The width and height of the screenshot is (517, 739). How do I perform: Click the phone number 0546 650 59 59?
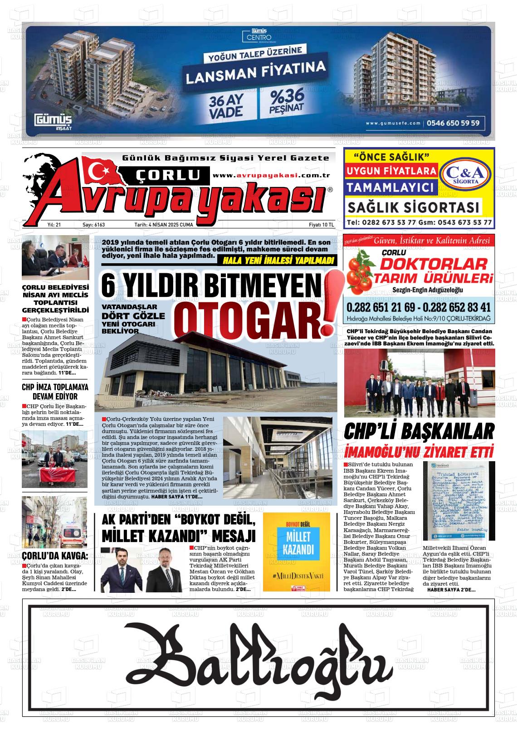tap(453, 123)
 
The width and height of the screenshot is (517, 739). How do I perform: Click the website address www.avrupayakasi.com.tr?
tap(271, 176)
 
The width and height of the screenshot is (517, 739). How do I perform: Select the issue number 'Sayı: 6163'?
tap(93, 225)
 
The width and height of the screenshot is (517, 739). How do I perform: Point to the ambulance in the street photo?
tap(72, 539)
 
